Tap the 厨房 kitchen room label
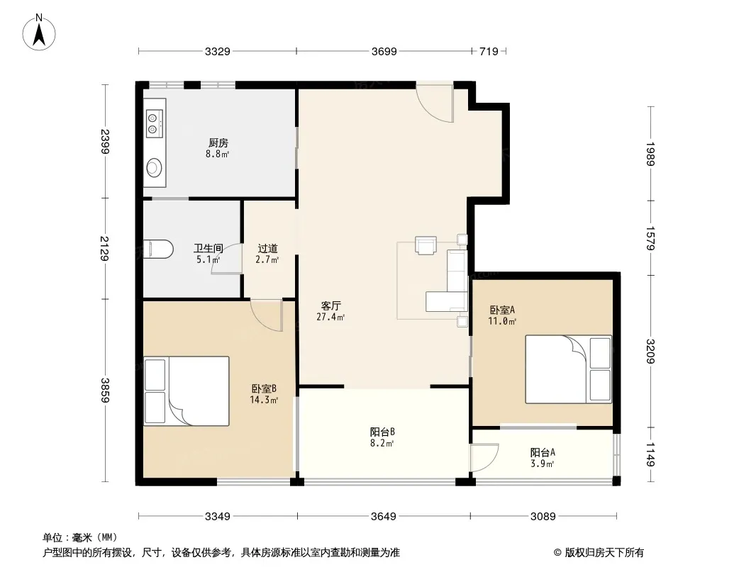218,142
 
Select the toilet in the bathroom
158,249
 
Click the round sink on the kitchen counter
155,167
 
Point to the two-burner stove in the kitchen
155,123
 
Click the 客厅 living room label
331,305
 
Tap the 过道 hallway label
267,248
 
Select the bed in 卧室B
186,391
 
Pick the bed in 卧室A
569,369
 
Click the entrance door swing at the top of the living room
435,102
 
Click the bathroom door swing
227,259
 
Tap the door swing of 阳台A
484,457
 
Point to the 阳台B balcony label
383,432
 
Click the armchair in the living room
426,245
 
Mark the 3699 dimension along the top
384,51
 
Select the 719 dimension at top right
489,51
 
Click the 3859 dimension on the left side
105,391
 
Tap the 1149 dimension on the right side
651,454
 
